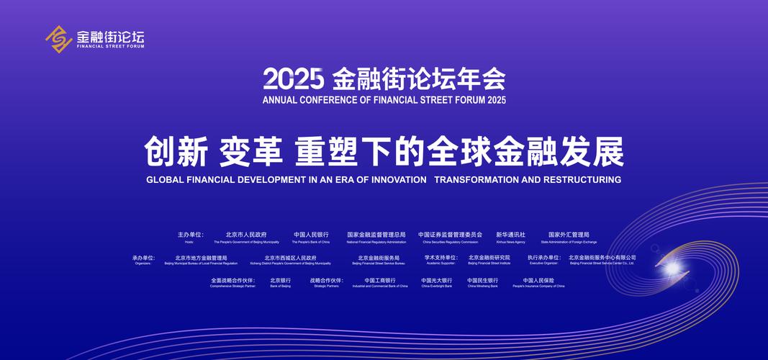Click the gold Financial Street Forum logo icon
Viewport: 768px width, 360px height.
pos(58,38)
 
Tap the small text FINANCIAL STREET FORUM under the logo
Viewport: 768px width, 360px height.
pos(110,47)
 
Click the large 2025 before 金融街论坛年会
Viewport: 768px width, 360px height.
pos(294,78)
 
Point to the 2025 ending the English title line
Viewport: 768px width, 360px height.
pos(490,99)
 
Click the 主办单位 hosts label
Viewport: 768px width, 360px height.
pos(191,235)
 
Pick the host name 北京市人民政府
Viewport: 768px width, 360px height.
pos(246,235)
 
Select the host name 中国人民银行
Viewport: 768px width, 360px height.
pos(311,235)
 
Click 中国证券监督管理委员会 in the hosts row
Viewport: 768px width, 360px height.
pos(451,235)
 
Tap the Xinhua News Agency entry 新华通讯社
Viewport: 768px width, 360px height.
pos(510,235)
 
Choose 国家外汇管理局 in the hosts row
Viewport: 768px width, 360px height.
pos(569,235)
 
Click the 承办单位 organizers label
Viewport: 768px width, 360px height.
pos(143,258)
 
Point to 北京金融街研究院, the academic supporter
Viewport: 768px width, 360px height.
pos(489,258)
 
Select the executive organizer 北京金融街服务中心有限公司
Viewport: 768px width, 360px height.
pos(602,258)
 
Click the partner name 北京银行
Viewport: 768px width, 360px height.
pos(280,281)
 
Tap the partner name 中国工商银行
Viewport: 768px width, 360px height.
pos(380,281)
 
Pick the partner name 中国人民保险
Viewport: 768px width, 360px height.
pos(538,281)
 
